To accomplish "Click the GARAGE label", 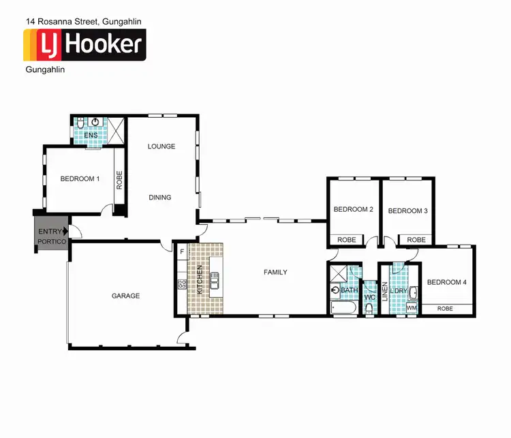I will (125, 296).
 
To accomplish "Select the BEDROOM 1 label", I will (80, 179).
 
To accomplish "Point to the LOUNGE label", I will (161, 146).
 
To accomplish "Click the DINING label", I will (160, 198).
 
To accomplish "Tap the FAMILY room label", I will (275, 272).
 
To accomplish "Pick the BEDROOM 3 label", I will (407, 211).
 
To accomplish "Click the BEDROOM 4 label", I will (446, 282).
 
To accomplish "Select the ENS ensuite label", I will (90, 136).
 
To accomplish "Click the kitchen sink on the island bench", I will (215, 280).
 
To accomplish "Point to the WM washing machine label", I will (411, 309).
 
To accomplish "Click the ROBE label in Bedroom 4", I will (445, 309).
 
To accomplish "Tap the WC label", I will (370, 298).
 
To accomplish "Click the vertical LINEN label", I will (384, 290).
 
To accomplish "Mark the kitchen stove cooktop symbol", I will (182, 285).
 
